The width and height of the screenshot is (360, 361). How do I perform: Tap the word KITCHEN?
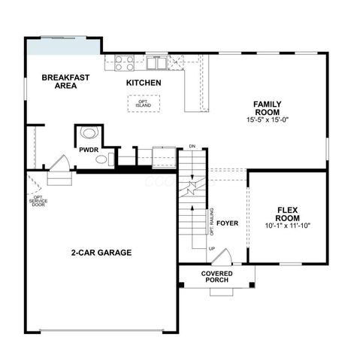coord(143,82)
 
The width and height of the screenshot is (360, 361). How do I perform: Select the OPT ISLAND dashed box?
coord(143,104)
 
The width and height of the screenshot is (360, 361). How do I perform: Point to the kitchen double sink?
coord(157,62)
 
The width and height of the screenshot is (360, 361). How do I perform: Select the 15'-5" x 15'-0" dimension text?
coord(267,120)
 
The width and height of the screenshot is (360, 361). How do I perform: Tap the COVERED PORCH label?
coord(216,276)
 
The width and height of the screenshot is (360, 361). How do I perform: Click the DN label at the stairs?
coord(192,146)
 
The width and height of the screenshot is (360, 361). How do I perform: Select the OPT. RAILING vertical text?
coord(211,221)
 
